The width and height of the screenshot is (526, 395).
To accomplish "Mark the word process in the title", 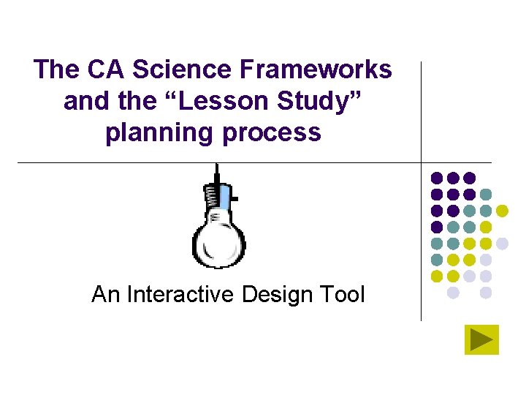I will pyautogui.click(x=278, y=133).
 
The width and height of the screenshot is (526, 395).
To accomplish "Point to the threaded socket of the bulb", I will pyautogui.click(x=213, y=195).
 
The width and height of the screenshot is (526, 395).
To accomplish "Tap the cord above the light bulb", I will pyautogui.click(x=217, y=173).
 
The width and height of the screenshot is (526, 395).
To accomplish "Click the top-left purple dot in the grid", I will pyautogui.click(x=437, y=178).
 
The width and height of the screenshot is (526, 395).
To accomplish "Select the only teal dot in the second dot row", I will pyautogui.click(x=486, y=195).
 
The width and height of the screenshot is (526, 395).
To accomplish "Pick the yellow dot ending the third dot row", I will pyautogui.click(x=502, y=211).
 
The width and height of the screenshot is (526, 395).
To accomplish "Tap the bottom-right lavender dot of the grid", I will pyautogui.click(x=486, y=293).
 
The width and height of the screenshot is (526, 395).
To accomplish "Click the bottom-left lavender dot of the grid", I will pyautogui.click(x=453, y=293).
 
